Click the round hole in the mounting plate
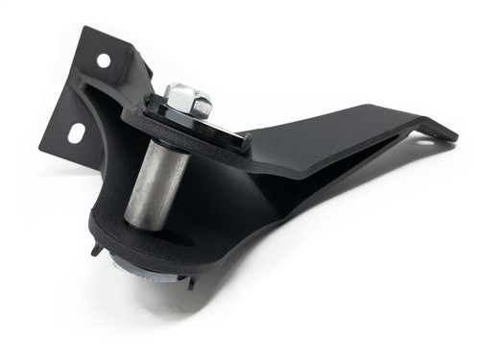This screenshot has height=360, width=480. point(103,60)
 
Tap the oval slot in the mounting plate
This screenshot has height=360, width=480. point(75,134)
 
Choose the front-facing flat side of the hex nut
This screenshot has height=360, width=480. point(182,108)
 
